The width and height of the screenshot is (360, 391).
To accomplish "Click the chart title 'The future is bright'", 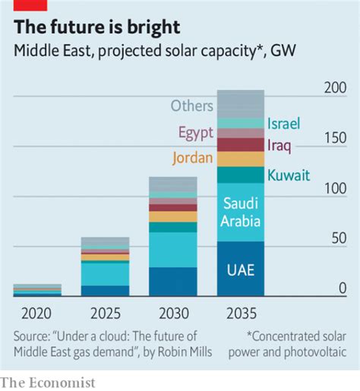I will click(x=97, y=29).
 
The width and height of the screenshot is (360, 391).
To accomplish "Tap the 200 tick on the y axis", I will click(x=336, y=88).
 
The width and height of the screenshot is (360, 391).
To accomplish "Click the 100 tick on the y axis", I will click(x=336, y=188).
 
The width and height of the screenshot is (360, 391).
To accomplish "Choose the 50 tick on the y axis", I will click(x=339, y=238).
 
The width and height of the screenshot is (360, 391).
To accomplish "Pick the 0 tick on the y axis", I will click(x=343, y=288).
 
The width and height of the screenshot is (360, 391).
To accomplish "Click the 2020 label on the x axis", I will click(x=36, y=313).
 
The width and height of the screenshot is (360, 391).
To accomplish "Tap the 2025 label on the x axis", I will click(x=105, y=313).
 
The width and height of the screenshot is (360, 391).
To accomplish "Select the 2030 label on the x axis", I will click(x=172, y=313).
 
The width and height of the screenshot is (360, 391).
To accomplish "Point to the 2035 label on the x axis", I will click(x=240, y=313).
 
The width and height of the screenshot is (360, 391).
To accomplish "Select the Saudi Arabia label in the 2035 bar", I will click(x=240, y=212).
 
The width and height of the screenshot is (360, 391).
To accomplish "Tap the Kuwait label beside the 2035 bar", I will click(x=289, y=175).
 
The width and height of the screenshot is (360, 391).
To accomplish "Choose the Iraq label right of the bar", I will click(x=279, y=143).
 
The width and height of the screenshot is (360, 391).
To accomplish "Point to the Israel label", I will click(x=284, y=123).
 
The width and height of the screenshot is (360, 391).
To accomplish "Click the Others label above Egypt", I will click(x=192, y=106).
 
